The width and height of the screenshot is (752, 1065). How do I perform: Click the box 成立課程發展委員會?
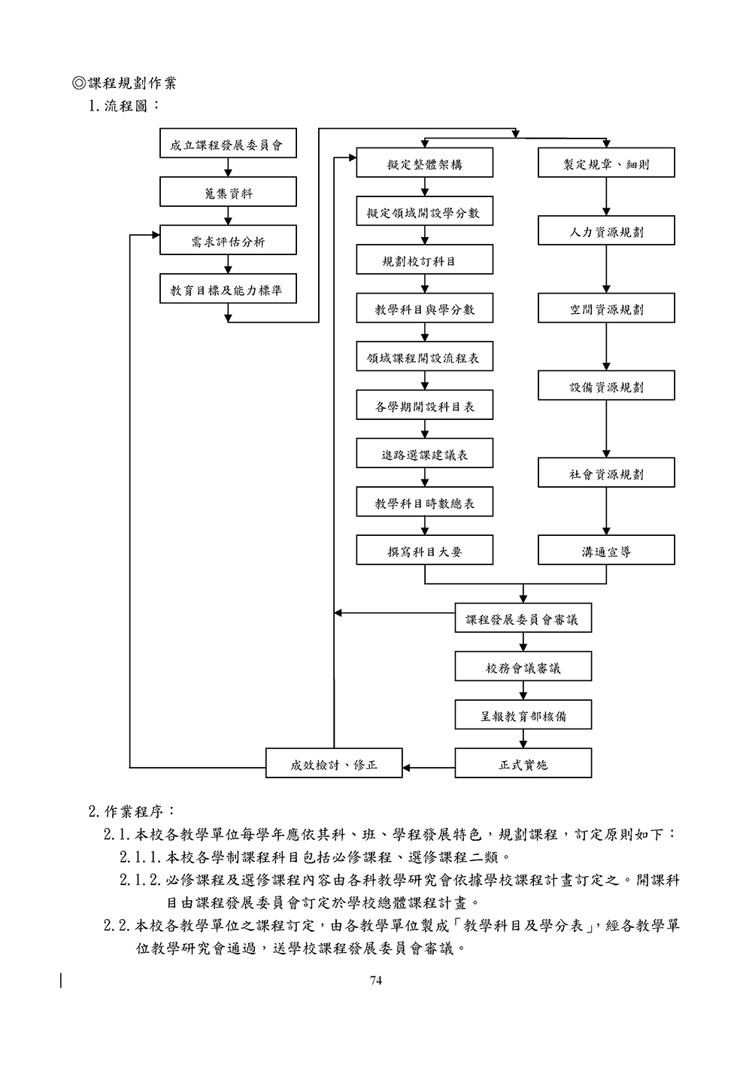point(228,144)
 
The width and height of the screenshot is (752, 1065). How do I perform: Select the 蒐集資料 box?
point(228,192)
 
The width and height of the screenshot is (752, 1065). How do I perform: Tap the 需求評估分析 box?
point(228,240)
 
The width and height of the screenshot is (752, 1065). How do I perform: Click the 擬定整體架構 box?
point(425,163)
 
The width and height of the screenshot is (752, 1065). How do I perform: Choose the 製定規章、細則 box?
point(606,163)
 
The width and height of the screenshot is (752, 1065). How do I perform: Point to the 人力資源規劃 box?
point(606,230)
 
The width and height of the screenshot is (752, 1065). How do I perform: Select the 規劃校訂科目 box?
point(425,260)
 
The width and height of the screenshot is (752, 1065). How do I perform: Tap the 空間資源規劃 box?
point(606,308)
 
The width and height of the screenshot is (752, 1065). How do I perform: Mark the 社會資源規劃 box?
point(606,473)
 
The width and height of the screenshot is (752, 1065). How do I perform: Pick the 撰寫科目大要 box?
point(425,550)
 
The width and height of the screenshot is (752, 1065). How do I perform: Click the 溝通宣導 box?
point(606,550)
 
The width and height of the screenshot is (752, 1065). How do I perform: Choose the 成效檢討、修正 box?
point(334,763)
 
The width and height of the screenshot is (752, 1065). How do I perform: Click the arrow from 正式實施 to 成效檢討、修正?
point(429,768)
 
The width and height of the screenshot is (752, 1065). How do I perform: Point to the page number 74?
point(376,980)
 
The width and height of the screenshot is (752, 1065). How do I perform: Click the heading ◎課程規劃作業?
point(124,83)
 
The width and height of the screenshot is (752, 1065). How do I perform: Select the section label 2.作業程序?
point(132,811)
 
